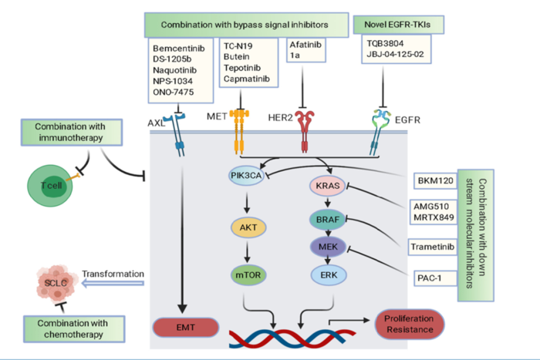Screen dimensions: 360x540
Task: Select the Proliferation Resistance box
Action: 409,325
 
